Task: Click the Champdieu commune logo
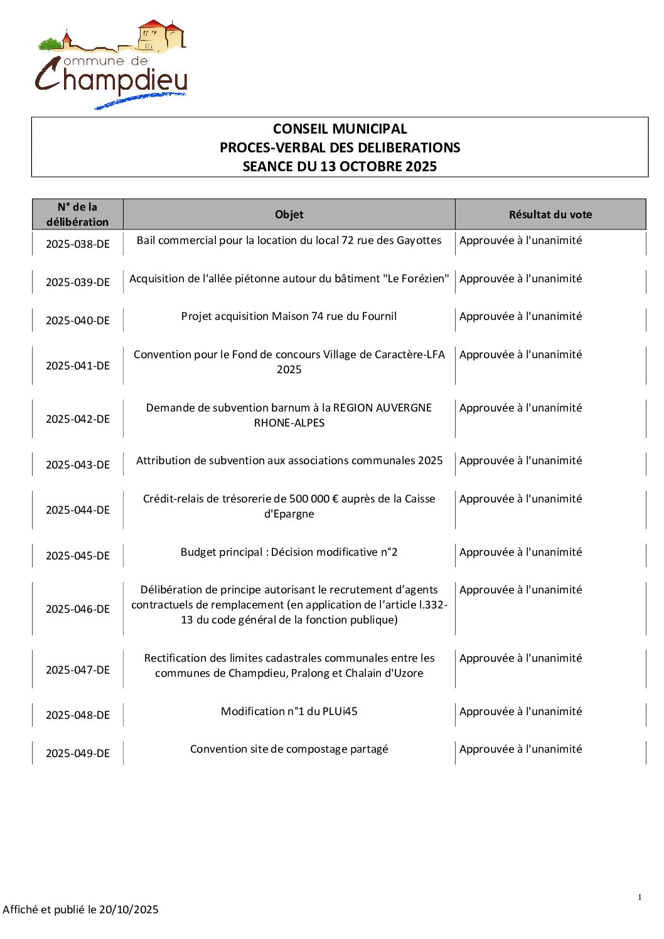pyautogui.click(x=111, y=65)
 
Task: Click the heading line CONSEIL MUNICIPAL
pyautogui.click(x=340, y=129)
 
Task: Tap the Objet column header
pyautogui.click(x=289, y=215)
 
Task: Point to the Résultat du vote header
pyautogui.click(x=550, y=215)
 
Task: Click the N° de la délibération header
pyautogui.click(x=77, y=215)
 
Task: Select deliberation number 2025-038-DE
pyautogui.click(x=77, y=244)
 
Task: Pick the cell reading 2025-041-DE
pyautogui.click(x=77, y=366)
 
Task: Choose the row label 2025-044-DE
pyautogui.click(x=77, y=510)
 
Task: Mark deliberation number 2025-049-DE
pyautogui.click(x=77, y=753)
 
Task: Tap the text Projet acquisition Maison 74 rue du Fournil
pyautogui.click(x=289, y=316)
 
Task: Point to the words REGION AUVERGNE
pyautogui.click(x=382, y=408)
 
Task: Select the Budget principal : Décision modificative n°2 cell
pyautogui.click(x=289, y=552)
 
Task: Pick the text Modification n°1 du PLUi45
pyautogui.click(x=289, y=711)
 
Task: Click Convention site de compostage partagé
pyautogui.click(x=289, y=749)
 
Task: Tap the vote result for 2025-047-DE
pyautogui.click(x=520, y=658)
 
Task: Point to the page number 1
pyautogui.click(x=640, y=898)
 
